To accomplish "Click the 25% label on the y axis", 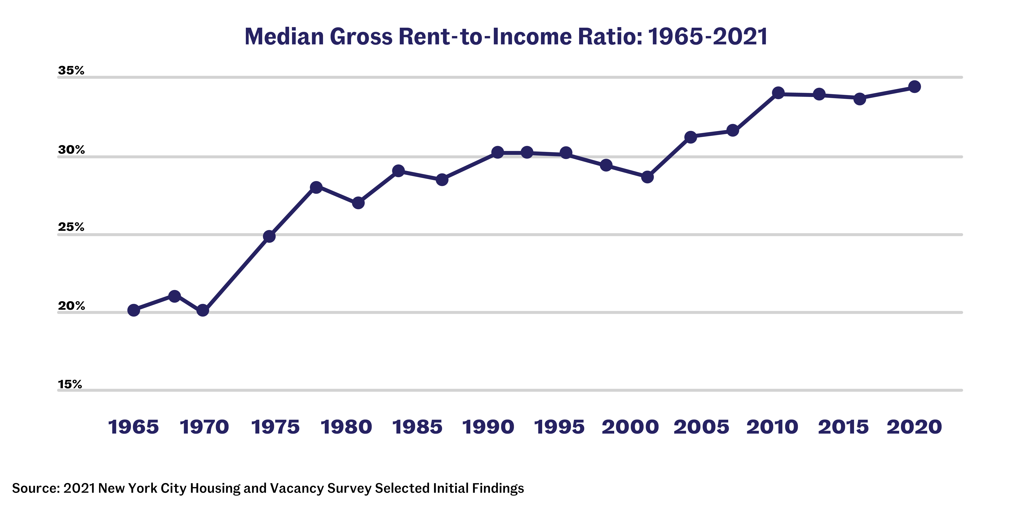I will pos(71,227).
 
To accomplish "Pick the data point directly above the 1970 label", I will pos(203,310).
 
